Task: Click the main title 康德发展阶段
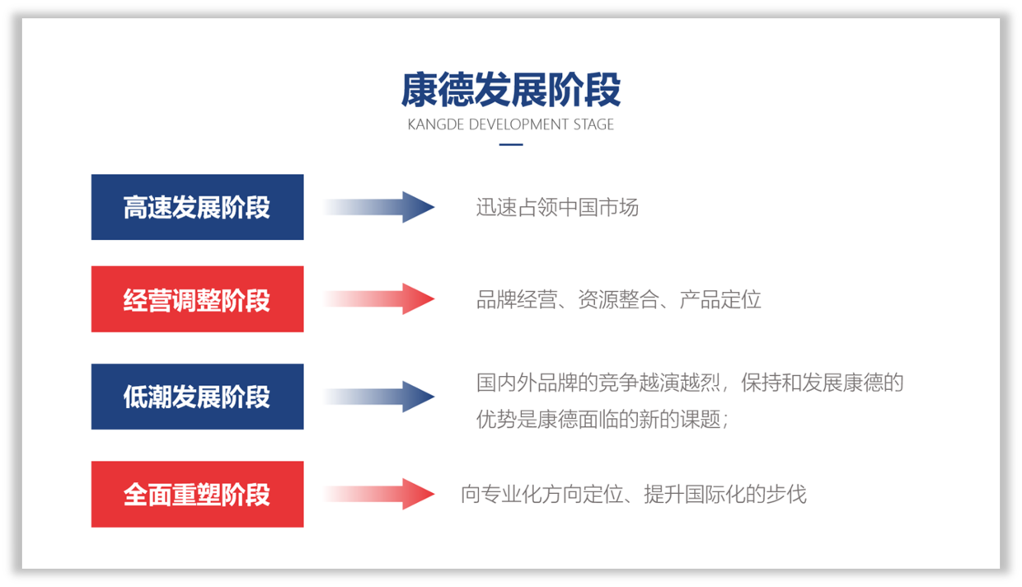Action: click(x=510, y=90)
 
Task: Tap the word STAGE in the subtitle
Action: click(x=593, y=124)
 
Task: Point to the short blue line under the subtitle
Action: click(x=511, y=145)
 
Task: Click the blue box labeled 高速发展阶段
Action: click(x=198, y=207)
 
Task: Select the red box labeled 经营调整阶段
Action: click(x=198, y=299)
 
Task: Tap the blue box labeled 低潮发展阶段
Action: click(x=198, y=397)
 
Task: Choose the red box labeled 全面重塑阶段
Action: click(x=198, y=494)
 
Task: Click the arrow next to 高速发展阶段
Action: click(x=379, y=207)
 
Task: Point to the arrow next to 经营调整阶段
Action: click(x=379, y=299)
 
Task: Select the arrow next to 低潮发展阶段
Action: click(x=379, y=397)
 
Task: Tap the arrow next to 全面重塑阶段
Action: click(x=379, y=494)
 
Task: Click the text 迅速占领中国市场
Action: click(x=557, y=207)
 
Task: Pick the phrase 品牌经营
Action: click(x=517, y=300)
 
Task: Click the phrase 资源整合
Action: click(x=618, y=300)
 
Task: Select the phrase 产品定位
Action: click(x=720, y=300)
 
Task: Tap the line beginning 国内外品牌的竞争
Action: click(x=690, y=383)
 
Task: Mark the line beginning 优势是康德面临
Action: click(x=602, y=419)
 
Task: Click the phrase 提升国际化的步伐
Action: click(x=725, y=495)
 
